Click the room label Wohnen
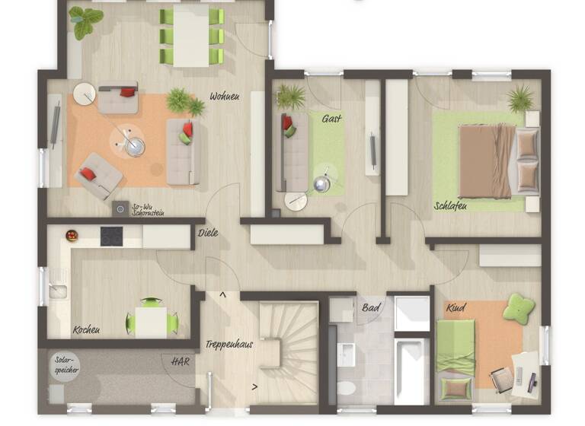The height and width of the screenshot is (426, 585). (225, 97)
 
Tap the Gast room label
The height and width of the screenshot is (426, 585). (331, 119)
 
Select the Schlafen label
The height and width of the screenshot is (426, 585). (450, 205)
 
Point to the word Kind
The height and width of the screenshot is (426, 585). (456, 308)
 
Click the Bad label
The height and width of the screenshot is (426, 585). (371, 308)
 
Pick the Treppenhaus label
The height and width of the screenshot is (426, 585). (229, 345)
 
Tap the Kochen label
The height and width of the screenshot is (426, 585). (86, 330)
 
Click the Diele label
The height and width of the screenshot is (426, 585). (208, 233)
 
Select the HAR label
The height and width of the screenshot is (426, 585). (180, 361)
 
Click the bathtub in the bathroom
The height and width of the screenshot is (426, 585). (412, 371)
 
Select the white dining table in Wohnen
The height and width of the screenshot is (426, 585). (191, 36)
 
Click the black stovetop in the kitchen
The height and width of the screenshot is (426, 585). (112, 237)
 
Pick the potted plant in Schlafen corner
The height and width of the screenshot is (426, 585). (521, 97)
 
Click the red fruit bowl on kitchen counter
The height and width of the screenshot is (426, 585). (72, 236)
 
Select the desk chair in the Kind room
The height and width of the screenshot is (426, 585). (501, 377)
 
